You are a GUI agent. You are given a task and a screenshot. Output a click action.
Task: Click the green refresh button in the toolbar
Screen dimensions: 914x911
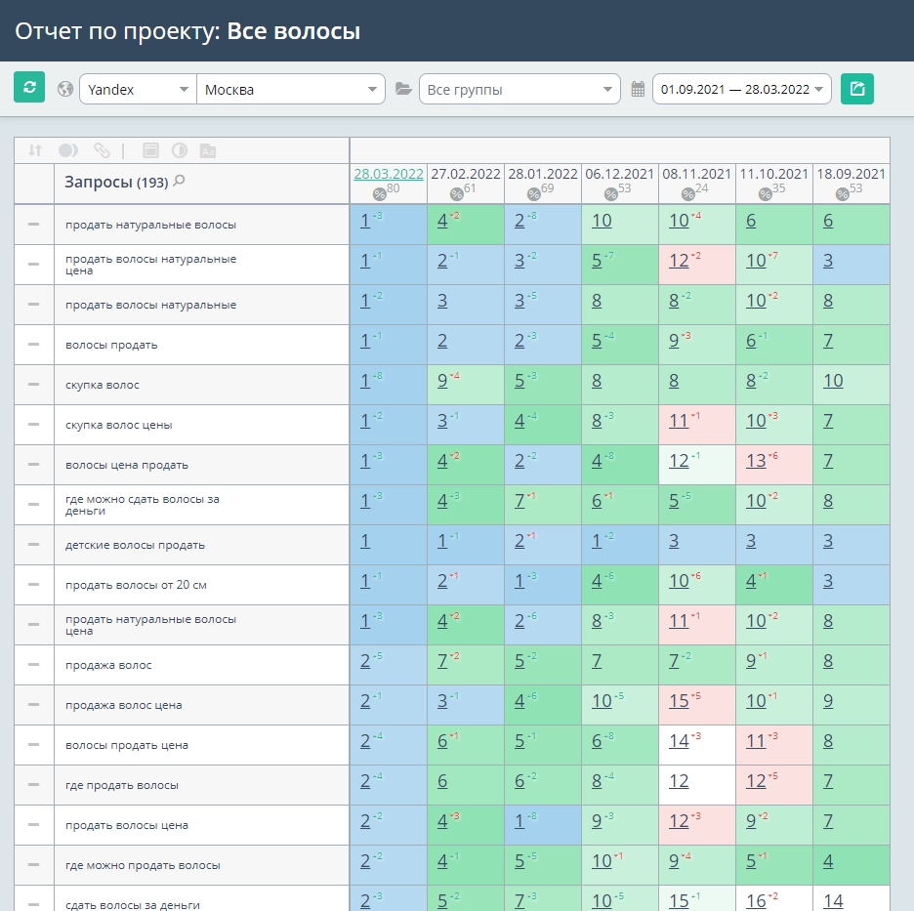pos(29,88)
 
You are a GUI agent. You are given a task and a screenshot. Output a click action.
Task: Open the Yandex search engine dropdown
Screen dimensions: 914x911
pos(138,89)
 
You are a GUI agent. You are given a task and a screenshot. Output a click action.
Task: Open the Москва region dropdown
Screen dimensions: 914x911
pos(291,89)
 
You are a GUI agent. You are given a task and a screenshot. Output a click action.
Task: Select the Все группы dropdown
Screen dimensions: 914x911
pos(519,89)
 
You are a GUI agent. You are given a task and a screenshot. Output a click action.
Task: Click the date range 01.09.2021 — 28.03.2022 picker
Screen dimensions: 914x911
pos(741,89)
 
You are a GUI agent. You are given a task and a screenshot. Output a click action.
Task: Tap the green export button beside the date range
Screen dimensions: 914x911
pos(857,89)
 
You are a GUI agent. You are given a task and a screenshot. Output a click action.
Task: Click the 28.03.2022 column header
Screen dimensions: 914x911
pos(389,174)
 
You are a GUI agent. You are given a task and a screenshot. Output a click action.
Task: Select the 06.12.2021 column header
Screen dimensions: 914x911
pos(620,174)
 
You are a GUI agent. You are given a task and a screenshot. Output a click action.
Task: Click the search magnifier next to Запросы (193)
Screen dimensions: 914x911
pos(180,181)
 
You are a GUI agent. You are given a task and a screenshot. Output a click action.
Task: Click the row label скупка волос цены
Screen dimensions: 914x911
pos(119,425)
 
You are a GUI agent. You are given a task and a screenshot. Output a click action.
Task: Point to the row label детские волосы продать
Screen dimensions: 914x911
pos(135,545)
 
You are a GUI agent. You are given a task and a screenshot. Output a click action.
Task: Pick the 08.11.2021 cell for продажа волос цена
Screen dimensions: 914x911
pos(697,705)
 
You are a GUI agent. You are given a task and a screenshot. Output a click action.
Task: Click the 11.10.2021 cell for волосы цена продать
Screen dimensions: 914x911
pos(774,465)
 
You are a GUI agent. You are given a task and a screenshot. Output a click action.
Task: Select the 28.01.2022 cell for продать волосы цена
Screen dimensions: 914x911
pos(543,825)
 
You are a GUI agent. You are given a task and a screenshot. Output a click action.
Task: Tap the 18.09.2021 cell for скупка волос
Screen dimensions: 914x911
pos(852,385)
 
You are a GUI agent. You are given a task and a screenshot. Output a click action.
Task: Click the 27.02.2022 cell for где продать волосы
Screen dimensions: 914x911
pos(466,785)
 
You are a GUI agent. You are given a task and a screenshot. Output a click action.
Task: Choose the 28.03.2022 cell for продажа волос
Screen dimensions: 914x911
pos(389,665)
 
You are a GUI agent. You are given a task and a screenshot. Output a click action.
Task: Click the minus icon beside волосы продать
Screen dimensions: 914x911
pos(34,345)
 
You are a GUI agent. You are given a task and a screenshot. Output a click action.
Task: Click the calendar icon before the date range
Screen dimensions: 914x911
pos(638,89)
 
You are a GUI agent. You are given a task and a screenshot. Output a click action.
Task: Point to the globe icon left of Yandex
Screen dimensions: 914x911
pos(65,89)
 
